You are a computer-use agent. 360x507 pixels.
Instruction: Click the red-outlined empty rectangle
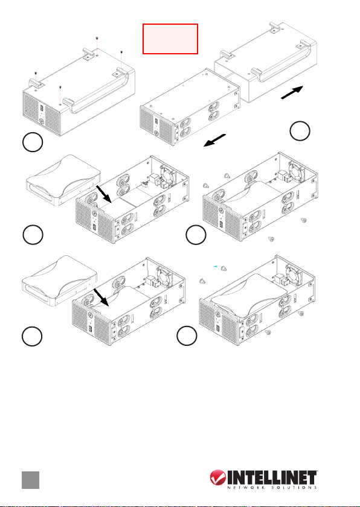(170, 39)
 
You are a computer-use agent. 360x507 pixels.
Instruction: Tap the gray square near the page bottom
(30, 480)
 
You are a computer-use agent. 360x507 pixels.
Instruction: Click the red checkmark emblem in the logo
(217, 478)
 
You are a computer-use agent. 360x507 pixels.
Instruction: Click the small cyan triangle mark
(215, 266)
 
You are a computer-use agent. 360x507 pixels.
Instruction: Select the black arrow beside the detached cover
(292, 92)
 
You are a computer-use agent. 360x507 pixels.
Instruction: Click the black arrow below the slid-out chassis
(214, 140)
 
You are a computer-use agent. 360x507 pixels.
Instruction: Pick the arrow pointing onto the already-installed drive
(101, 298)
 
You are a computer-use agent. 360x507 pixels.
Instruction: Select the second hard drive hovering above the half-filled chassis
(60, 280)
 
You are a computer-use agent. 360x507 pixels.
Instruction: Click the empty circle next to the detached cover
(300, 131)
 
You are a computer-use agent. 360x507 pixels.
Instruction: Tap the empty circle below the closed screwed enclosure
(33, 142)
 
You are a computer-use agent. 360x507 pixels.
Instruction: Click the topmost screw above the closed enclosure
(97, 39)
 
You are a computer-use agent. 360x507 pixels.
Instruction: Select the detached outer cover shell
(266, 62)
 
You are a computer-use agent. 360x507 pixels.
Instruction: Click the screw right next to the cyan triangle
(223, 268)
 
